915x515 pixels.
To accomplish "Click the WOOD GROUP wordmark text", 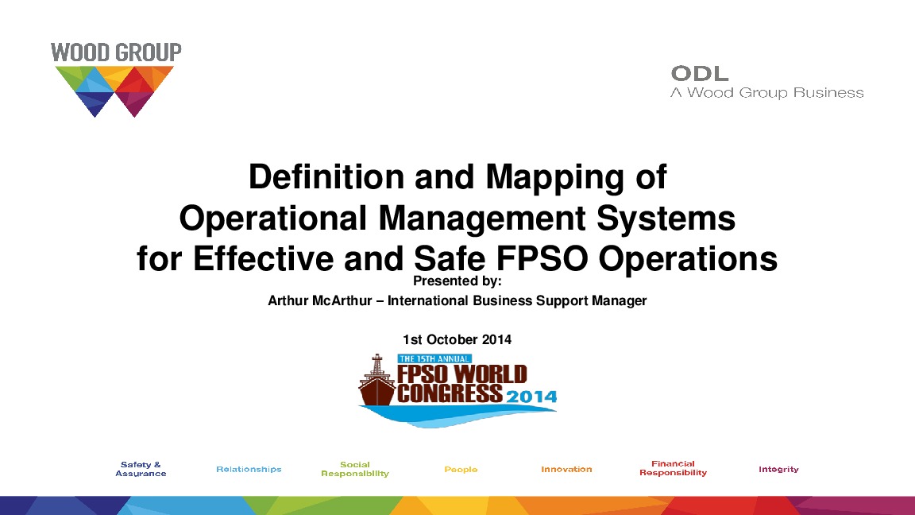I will pos(116,53).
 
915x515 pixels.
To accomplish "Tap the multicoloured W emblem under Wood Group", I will pos(115,91).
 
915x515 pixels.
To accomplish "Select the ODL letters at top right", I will pos(700,74).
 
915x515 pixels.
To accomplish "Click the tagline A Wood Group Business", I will pos(767,93).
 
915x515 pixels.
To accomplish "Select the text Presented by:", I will pos(458,281).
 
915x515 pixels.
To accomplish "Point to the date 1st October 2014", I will pos(457,339).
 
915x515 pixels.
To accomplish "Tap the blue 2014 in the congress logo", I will pos(531,397).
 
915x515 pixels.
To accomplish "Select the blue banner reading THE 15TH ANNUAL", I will pos(434,358).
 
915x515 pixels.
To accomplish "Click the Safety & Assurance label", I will pos(141,469).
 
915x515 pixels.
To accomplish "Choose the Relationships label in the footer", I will pos(249,469).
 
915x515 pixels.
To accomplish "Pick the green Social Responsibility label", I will pos(355,469).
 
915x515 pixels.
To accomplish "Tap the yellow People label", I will pos(461,470).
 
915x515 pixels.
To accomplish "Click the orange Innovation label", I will pos(566,469).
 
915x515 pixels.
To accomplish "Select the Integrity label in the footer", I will pos(778,469).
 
